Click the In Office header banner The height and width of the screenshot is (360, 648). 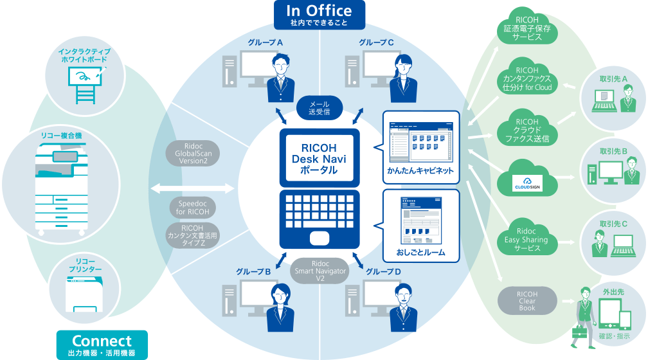pos(319,14)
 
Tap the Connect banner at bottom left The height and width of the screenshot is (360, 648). pos(102,345)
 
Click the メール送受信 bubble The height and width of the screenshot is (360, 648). pos(319,108)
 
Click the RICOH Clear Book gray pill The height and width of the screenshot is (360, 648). pos(527,300)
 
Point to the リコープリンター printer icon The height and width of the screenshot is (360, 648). pos(84,292)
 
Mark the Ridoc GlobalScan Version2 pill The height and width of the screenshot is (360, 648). pos(192,154)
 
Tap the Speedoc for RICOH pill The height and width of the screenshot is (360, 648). pos(192,208)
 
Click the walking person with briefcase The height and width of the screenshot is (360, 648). pos(584,315)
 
